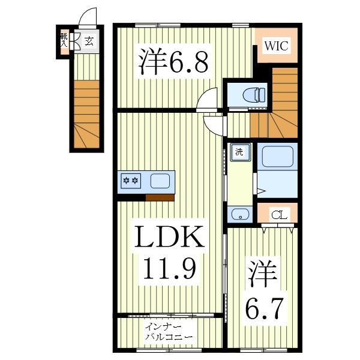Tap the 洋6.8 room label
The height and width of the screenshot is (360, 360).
click(175, 62)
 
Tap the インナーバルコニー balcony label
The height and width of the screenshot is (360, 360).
click(168, 332)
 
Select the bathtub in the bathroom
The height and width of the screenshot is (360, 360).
click(277, 157)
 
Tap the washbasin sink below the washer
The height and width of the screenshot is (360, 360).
click(239, 213)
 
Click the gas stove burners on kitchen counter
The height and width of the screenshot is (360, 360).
click(131, 180)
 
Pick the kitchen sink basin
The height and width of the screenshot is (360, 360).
click(160, 180)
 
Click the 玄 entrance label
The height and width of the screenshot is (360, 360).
click(89, 41)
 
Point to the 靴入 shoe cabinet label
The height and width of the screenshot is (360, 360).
click(63, 40)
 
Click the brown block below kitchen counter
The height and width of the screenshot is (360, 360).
click(160, 197)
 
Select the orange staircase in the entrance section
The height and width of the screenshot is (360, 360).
click(86, 114)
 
